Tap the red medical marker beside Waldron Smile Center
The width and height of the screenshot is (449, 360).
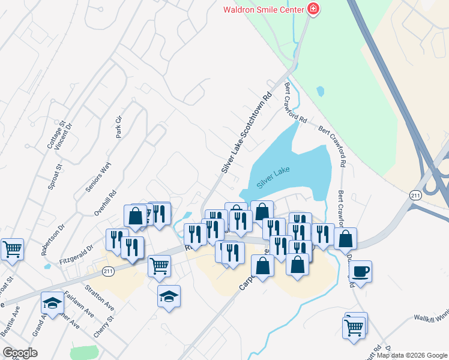coord(312,8)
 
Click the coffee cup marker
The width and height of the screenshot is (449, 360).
coord(361,271)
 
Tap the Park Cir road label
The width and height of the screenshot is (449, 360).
coord(119,127)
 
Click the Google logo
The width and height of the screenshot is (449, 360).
coord(20,353)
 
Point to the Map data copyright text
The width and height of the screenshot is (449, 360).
coord(412,355)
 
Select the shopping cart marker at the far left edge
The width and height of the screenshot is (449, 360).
coord(12,248)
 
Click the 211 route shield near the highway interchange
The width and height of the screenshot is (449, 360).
coord(415,196)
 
